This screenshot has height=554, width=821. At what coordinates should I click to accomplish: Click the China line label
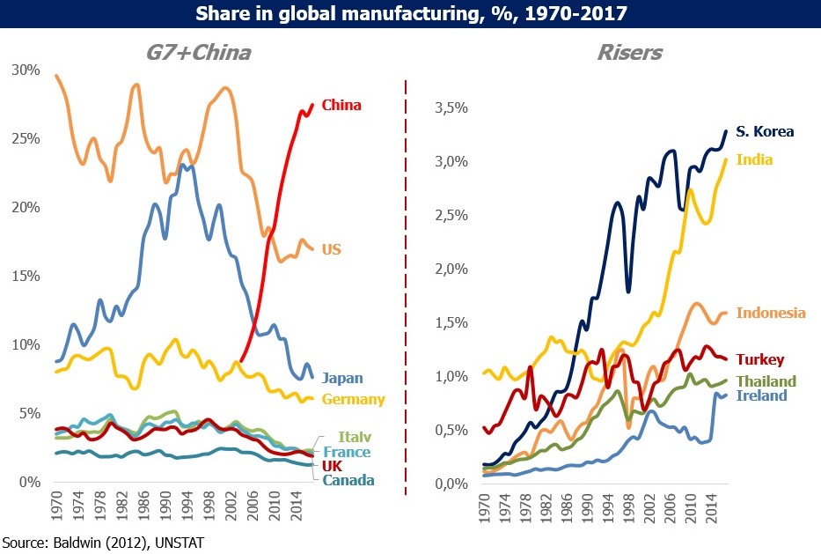(341, 106)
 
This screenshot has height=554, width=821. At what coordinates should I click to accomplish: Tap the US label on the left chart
(332, 249)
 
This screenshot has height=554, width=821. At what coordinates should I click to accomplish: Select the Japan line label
(342, 378)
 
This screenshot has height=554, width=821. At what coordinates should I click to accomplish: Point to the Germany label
(354, 399)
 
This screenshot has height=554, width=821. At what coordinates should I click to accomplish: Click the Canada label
(348, 480)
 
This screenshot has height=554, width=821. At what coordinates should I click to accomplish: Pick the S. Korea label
(765, 131)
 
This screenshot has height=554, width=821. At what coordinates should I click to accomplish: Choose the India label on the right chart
(754, 159)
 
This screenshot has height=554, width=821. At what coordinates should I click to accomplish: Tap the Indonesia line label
(771, 313)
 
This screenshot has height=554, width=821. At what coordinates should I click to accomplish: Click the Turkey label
(760, 359)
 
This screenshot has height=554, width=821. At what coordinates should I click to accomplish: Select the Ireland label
(761, 395)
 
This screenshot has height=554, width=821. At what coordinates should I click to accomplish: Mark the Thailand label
(766, 381)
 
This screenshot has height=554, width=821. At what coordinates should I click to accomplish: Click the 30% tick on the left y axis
(26, 70)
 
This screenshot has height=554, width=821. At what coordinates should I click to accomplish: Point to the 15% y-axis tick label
(26, 277)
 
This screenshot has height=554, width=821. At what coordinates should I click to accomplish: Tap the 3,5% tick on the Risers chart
(451, 108)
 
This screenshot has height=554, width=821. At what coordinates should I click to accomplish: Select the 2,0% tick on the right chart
(451, 269)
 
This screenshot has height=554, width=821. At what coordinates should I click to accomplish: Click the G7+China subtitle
(199, 53)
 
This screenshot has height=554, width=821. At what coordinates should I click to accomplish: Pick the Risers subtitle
(630, 53)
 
